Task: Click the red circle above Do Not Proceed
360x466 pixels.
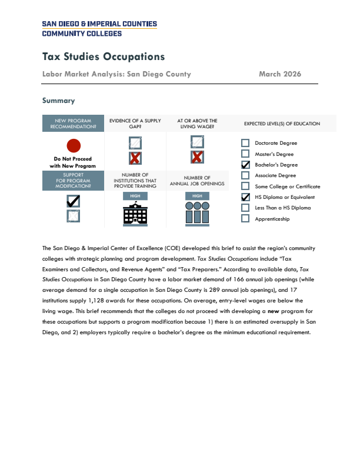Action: (73, 146)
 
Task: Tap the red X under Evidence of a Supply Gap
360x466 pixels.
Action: (135, 158)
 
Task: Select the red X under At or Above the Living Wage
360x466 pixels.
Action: (197, 157)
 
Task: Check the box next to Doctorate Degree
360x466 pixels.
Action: (245, 143)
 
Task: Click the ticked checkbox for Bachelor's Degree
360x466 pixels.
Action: (245, 165)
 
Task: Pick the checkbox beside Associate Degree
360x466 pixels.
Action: (245, 175)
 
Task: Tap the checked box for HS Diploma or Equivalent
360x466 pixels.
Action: (245, 197)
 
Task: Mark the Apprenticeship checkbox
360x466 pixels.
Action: (245, 219)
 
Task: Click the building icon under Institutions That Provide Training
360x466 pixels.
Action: (135, 214)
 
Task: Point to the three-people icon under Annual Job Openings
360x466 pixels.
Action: (197, 214)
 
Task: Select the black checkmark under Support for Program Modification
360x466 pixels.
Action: (73, 201)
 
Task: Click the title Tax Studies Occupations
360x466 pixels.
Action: (104, 57)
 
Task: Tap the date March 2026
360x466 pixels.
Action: (280, 74)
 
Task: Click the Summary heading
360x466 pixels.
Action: (58, 101)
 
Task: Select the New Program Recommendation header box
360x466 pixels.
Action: (73, 124)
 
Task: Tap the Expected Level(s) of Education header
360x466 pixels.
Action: (282, 124)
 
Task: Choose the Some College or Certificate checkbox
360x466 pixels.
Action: (245, 187)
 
